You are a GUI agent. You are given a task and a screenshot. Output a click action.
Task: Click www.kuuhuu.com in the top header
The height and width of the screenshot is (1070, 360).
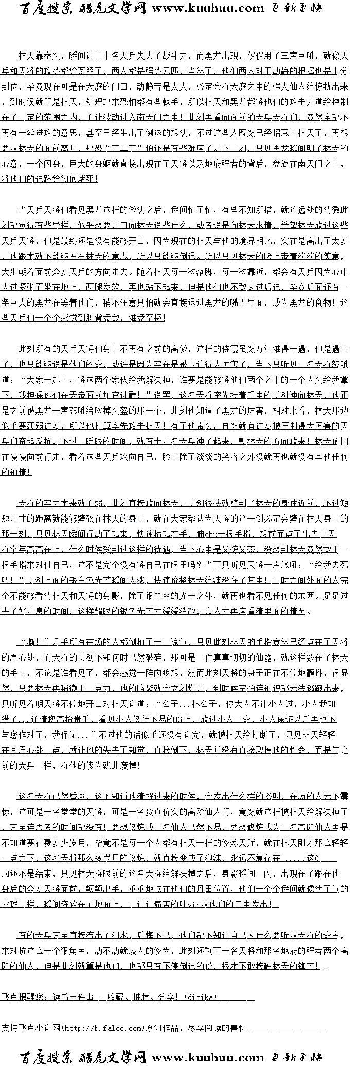[x=208, y=8]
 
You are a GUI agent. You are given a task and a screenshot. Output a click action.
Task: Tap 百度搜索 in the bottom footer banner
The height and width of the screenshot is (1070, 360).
[x=47, y=1058]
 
